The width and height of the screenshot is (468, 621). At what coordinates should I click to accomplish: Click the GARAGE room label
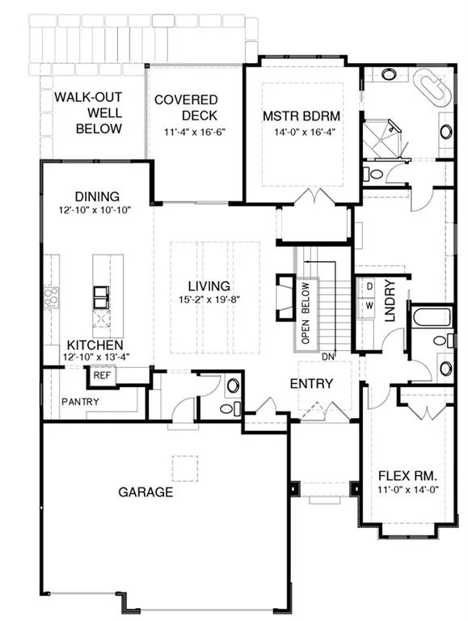coord(145,492)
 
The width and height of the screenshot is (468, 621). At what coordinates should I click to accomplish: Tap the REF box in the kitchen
coord(102,375)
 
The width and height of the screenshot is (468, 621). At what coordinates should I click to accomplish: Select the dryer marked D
coord(369,286)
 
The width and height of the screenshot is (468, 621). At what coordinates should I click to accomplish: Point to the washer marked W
coord(369,306)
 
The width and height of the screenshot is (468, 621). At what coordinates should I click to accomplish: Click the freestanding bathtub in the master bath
coord(432,88)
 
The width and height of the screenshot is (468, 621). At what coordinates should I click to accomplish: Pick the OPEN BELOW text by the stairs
coord(306,313)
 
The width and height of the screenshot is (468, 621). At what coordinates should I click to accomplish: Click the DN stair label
coord(328,357)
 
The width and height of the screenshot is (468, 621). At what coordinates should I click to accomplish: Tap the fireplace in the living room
coord(285,296)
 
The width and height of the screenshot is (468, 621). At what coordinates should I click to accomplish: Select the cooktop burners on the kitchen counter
coord(52,298)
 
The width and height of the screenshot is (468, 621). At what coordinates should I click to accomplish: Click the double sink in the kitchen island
coord(100,298)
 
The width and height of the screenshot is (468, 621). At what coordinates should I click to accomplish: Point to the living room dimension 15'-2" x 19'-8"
coord(209,299)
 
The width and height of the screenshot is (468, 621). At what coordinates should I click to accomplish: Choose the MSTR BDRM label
coord(301,116)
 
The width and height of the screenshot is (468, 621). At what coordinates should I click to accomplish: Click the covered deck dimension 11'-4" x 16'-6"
coord(195,132)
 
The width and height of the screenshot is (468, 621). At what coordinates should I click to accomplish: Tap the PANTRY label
coord(80,402)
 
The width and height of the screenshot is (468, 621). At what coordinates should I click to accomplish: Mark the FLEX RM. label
coord(407,475)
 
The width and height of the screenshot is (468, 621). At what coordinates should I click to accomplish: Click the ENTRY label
coord(312,383)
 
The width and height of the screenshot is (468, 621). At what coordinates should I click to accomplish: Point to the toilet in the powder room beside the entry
coord(230,408)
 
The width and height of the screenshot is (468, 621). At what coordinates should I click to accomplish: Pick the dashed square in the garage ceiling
coord(185,468)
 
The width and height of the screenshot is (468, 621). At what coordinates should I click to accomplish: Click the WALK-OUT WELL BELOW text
coord(88,113)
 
